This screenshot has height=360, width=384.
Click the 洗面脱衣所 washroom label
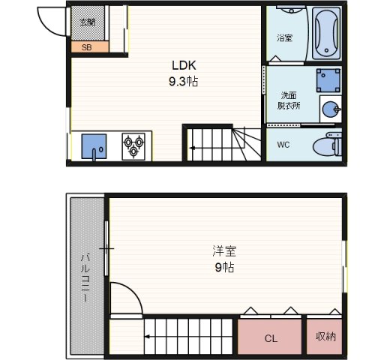coord(288,100)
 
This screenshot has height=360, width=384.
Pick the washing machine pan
coord(328,79)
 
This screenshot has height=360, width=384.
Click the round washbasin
coord(330,109)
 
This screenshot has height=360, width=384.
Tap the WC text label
coord(283,144)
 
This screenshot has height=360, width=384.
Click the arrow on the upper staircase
coord(193,148)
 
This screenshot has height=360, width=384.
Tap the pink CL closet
coord(271,338)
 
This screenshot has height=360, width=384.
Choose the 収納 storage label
coord(325,337)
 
